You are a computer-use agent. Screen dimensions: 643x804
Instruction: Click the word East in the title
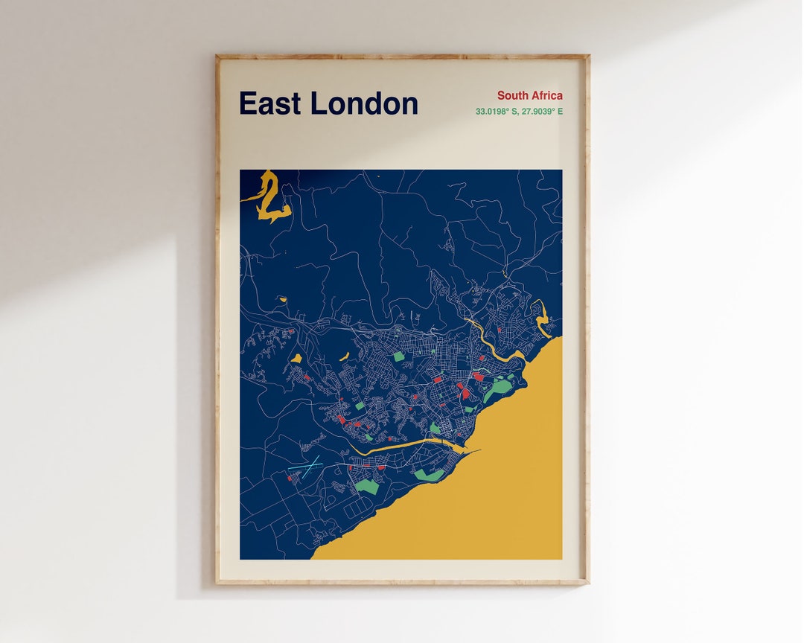(270, 103)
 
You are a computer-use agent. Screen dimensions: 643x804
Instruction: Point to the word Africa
(546, 95)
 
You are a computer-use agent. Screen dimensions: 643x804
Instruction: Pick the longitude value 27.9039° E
(541, 112)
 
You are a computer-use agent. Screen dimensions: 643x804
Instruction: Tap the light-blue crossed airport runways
(306, 466)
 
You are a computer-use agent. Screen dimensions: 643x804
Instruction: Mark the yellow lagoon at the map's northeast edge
(542, 316)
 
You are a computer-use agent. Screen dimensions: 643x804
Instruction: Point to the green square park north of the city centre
(399, 356)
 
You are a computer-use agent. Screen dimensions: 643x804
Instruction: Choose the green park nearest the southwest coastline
(366, 486)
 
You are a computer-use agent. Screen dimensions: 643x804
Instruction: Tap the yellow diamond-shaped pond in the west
(296, 359)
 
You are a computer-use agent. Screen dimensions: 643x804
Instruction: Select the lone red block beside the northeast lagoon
(500, 327)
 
